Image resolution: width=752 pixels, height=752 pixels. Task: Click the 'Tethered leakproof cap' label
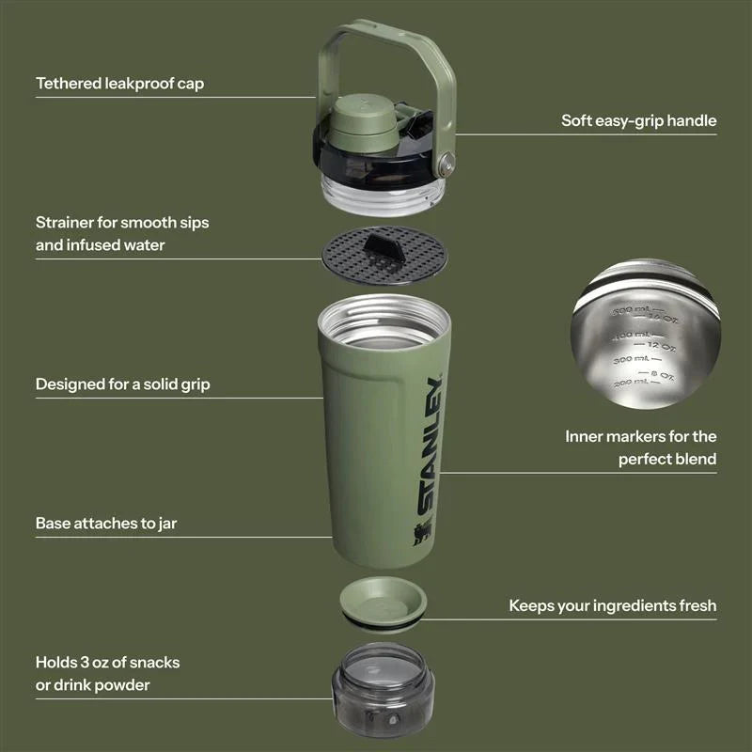(119, 84)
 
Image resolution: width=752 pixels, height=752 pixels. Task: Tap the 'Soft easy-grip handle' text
(638, 120)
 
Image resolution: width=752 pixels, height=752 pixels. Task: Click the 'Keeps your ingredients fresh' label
(612, 605)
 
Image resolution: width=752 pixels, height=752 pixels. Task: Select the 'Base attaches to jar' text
(105, 524)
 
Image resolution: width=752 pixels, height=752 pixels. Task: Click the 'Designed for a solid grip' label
(122, 384)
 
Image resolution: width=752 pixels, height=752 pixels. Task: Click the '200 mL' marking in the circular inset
(629, 384)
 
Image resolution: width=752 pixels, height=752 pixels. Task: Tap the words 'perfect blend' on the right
(667, 459)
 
